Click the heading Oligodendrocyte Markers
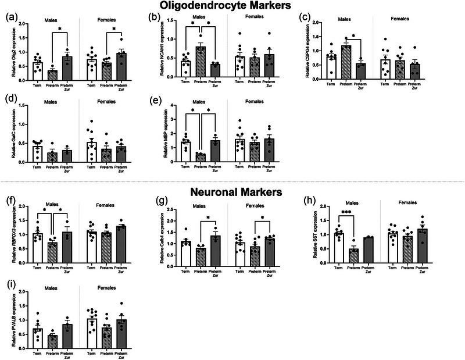coord(233,6)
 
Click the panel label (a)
coord(10,16)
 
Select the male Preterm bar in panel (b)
coord(201,62)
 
